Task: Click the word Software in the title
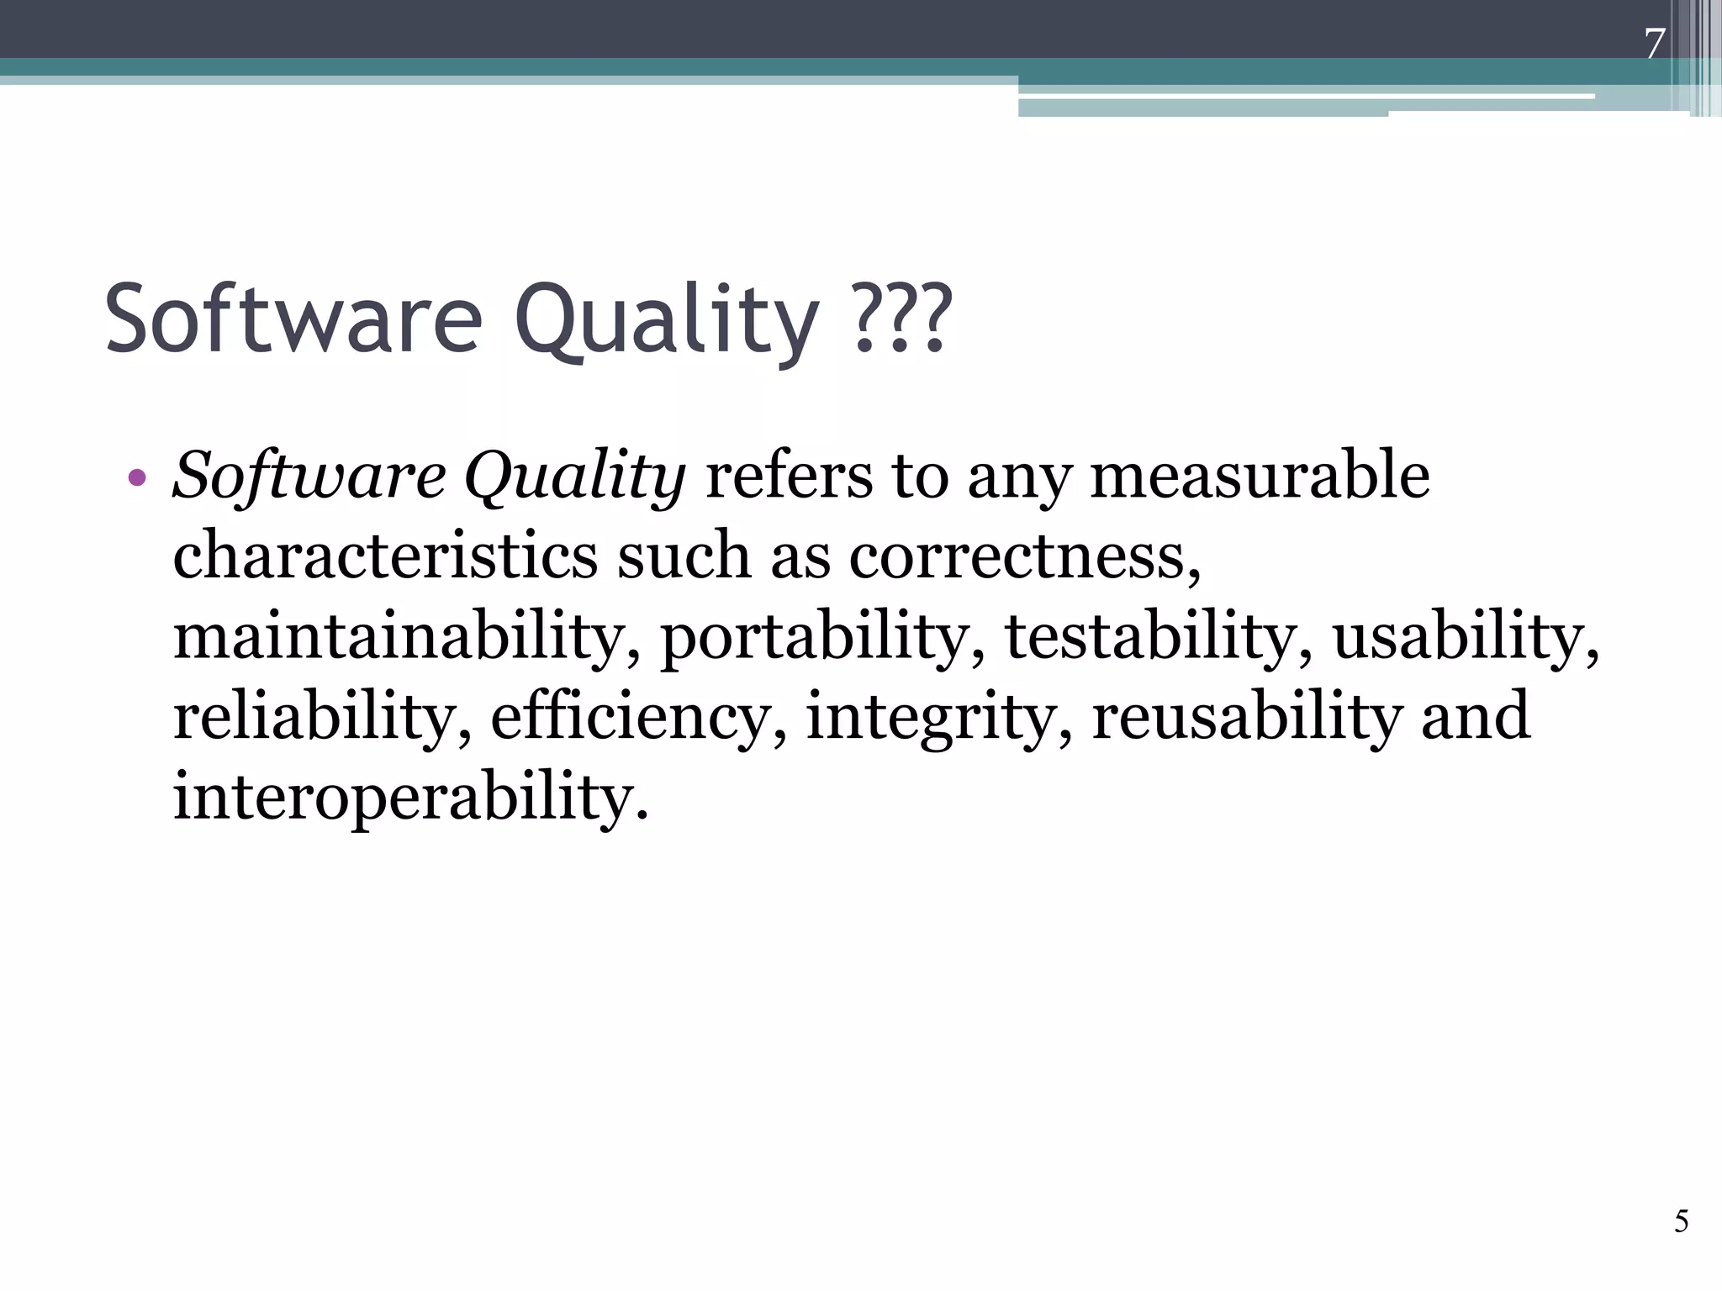click(x=293, y=319)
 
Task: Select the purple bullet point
click(x=137, y=479)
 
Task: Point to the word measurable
click(x=1259, y=476)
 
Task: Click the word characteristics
click(x=385, y=556)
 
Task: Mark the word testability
click(x=1157, y=636)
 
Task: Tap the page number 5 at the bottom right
click(x=1681, y=1220)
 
